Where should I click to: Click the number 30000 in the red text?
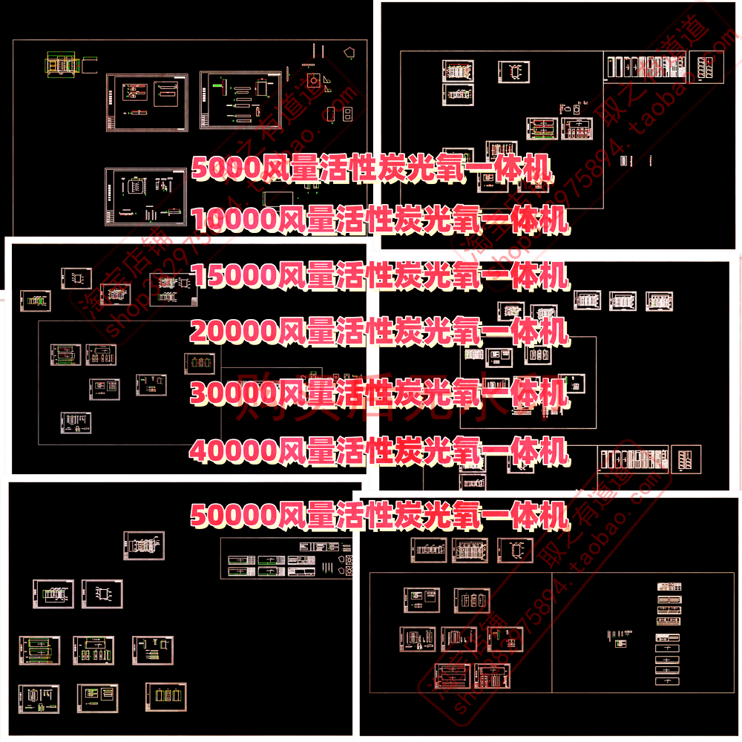pos(234,391)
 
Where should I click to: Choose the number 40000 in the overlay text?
pos(234,450)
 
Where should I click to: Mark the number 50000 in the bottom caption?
pos(234,514)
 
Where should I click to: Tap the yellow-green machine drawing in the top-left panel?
pos(62,65)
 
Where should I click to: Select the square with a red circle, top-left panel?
pos(310,80)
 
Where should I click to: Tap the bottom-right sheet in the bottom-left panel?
pos(165,697)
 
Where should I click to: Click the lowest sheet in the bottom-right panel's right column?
pos(668,680)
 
